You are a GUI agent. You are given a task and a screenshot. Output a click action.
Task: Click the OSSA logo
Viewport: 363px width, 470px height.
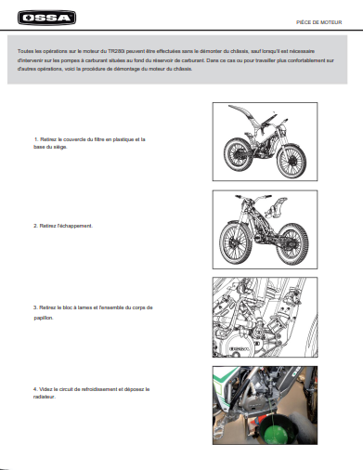(x=46, y=18)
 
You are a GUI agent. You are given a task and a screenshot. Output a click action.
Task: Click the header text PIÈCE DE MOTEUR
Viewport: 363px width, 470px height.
(x=318, y=22)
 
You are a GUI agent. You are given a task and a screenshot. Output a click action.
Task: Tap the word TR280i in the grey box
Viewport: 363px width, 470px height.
(x=116, y=51)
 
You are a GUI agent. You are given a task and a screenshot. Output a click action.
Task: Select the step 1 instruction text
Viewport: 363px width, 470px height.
(x=89, y=143)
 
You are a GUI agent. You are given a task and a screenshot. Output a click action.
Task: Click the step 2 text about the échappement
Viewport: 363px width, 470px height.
(x=63, y=226)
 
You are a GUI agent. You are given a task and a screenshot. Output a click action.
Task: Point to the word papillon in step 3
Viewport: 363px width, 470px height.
(x=44, y=318)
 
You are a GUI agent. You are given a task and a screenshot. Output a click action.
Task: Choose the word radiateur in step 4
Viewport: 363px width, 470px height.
(x=45, y=397)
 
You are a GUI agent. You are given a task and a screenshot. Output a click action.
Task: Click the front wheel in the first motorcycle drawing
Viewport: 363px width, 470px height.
(x=292, y=162)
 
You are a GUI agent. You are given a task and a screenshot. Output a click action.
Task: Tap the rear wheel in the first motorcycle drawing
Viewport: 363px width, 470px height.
(x=237, y=155)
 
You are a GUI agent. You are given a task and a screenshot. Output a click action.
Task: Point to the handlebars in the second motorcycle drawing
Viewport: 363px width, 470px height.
(x=253, y=197)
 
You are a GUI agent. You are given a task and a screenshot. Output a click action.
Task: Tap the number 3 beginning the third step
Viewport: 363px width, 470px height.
(x=35, y=307)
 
